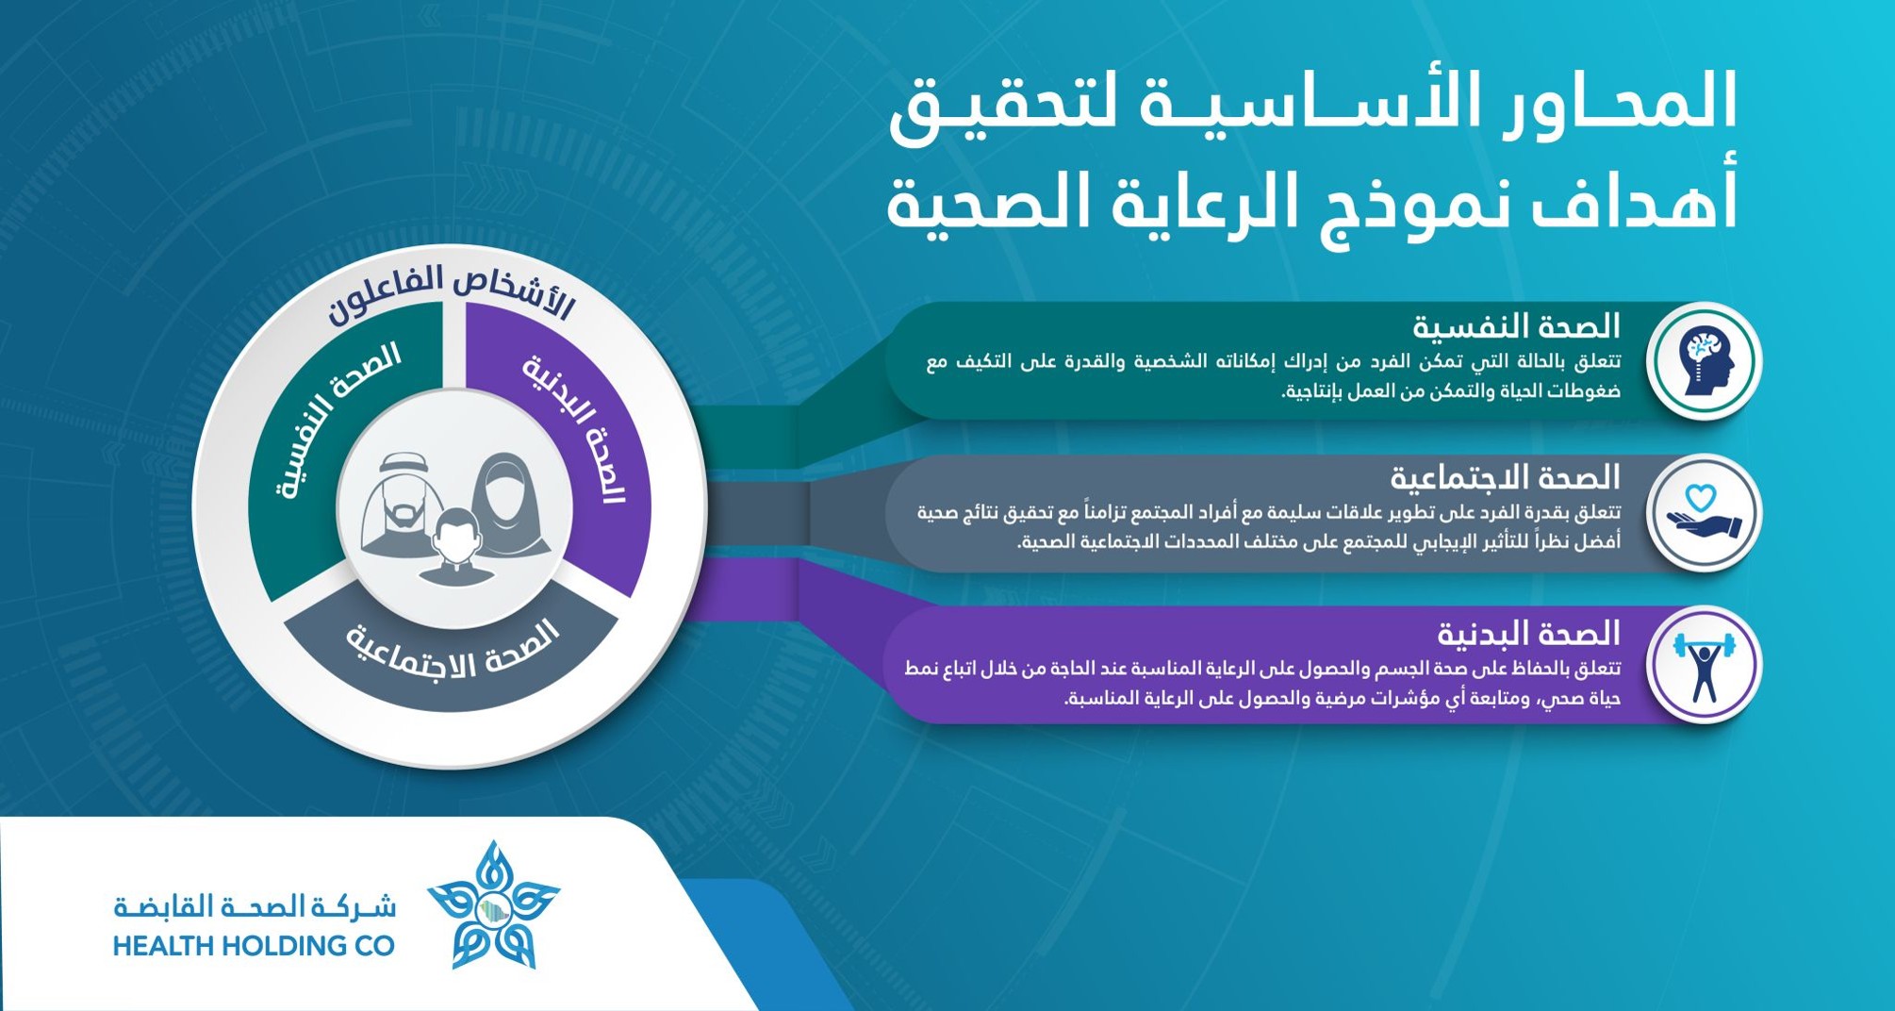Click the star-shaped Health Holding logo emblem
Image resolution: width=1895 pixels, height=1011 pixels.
(x=493, y=905)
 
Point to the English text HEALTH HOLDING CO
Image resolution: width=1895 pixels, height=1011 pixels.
(x=254, y=946)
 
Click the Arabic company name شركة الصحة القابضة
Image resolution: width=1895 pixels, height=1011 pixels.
(x=255, y=907)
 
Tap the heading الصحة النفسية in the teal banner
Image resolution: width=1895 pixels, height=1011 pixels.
(x=1516, y=327)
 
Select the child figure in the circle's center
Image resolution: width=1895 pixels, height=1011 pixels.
(x=455, y=548)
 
